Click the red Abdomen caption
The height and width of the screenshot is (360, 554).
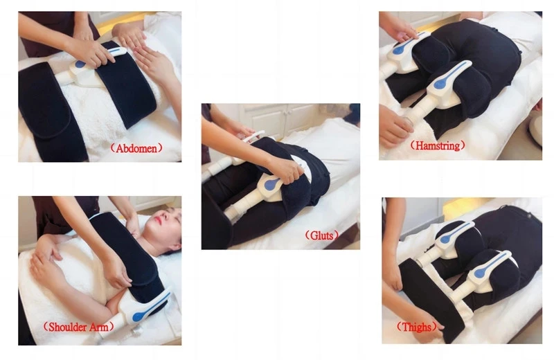136,147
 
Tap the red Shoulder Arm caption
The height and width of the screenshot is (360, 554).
78,327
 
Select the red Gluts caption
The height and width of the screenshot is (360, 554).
321,235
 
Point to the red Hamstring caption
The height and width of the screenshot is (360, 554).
438,145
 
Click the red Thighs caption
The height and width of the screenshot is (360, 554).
416,327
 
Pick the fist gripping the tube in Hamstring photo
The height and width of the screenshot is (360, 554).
394,125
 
